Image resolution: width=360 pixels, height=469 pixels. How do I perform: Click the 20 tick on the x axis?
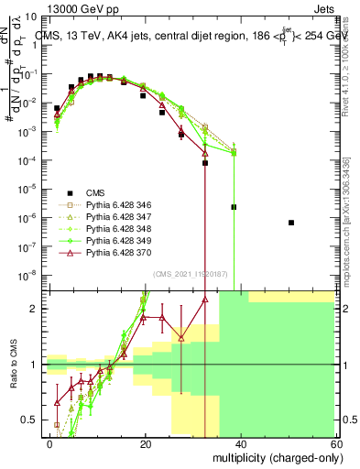tap(144, 443)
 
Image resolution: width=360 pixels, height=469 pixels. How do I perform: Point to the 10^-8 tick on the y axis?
tap(32, 275)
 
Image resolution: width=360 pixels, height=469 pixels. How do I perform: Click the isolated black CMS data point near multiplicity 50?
tap(291, 223)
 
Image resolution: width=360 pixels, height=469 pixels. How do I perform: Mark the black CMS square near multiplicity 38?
tap(234, 207)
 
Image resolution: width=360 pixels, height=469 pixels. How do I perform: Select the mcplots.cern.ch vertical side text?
tap(352, 220)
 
